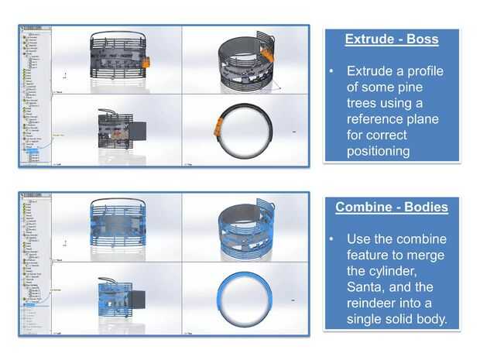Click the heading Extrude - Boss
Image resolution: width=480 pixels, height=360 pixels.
[391, 39]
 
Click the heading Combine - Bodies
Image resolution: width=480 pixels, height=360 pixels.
[391, 207]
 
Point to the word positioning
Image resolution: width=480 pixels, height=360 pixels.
[379, 151]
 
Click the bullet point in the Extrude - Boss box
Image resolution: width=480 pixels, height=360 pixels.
[331, 70]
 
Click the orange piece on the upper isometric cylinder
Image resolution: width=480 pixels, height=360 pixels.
[266, 53]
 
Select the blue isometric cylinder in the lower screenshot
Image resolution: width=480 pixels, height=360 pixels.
[245, 226]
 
